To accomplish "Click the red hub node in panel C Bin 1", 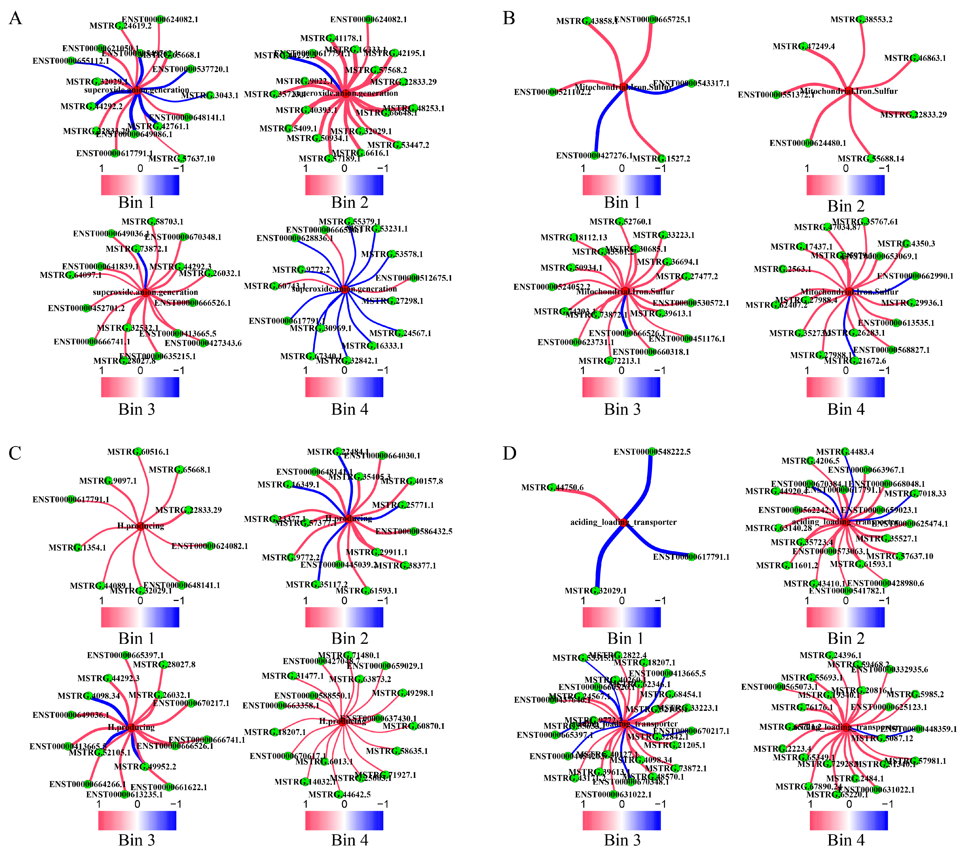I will (x=140, y=526).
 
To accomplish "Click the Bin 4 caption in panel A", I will (x=349, y=409).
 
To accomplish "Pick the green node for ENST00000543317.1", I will (x=691, y=83).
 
